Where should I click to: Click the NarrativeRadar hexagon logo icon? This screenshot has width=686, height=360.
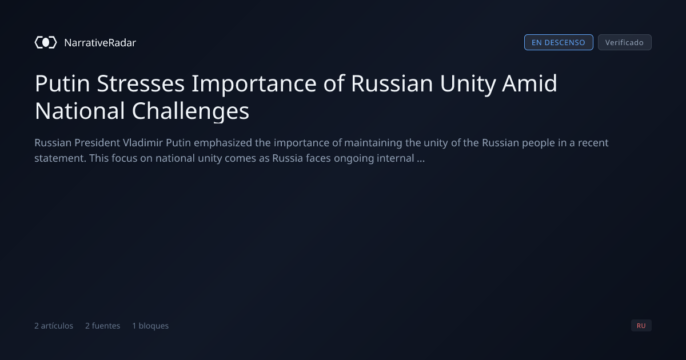click(46, 42)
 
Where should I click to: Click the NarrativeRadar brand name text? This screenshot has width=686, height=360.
click(100, 42)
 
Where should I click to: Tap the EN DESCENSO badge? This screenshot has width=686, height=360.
click(559, 42)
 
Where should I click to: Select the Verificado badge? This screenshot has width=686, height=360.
click(625, 42)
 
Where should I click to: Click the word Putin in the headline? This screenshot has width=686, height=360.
click(62, 83)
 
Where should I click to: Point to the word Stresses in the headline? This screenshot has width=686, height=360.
click(141, 83)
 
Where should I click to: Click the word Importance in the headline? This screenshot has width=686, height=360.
click(254, 84)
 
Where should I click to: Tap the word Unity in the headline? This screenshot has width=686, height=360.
click(468, 84)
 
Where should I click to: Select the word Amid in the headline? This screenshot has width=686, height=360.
click(530, 83)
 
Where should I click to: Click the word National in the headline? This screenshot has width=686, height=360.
click(80, 111)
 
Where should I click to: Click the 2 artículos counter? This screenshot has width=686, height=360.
click(54, 326)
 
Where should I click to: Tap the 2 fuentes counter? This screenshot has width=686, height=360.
click(102, 326)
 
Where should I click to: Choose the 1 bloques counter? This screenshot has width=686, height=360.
click(150, 326)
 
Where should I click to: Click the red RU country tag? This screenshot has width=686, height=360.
click(641, 325)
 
